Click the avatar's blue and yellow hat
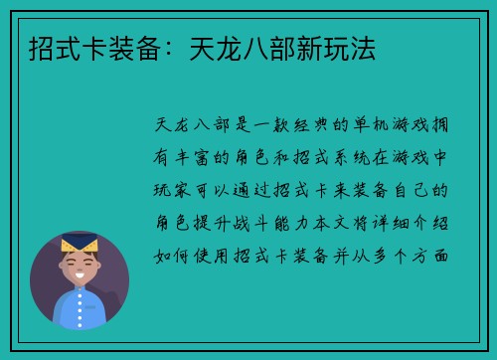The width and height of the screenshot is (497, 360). tap(79, 244)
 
